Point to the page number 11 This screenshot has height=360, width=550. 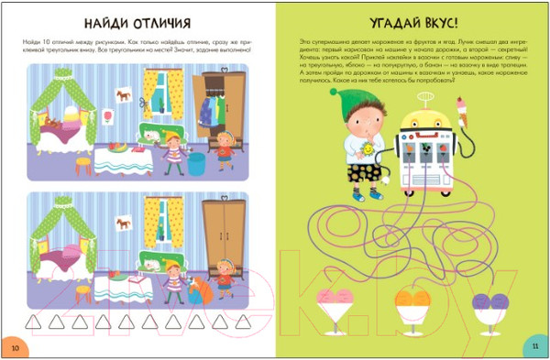click(536, 347)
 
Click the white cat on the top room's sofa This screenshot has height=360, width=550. click(152, 136)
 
